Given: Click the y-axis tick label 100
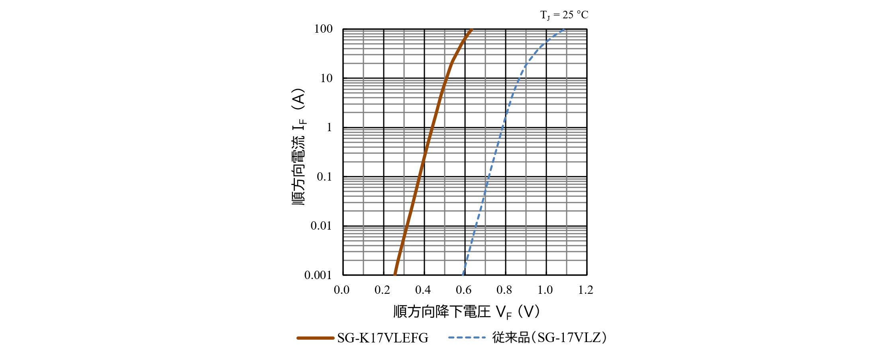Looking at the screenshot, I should (323, 29).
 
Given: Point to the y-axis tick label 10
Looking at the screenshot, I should (326, 78).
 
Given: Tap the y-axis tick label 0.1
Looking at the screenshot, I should (324, 177).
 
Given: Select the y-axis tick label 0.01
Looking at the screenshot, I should (321, 226).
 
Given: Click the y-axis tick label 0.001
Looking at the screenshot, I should (318, 275).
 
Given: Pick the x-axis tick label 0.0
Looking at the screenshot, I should (342, 290).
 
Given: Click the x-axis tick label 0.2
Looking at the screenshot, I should (383, 290).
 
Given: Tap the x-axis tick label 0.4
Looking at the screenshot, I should (423, 290).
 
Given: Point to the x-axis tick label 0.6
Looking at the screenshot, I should (464, 290).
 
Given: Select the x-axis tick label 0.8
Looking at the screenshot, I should (504, 290).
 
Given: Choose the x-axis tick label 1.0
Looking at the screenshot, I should (545, 290).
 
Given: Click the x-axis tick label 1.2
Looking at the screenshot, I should (586, 290).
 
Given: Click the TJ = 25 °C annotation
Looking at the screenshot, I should (564, 15).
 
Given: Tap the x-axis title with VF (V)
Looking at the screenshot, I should (467, 312).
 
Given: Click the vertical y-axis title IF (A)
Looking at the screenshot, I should (298, 147).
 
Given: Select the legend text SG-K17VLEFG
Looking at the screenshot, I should (383, 338).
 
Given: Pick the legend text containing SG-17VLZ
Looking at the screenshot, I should (549, 338).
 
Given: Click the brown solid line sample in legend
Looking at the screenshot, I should (315, 338).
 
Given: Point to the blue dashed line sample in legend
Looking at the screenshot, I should (467, 338).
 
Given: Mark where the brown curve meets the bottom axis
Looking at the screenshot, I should (394, 274).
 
